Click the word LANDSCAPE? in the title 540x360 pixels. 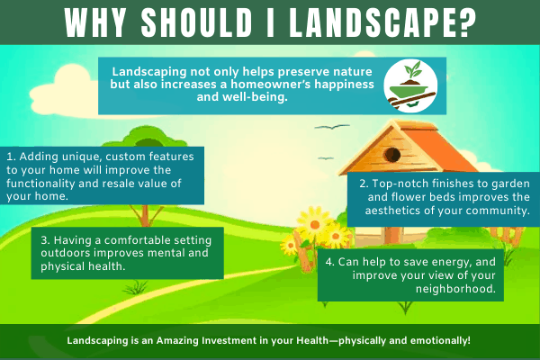[x=383, y=22]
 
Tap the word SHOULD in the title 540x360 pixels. [x=196, y=22]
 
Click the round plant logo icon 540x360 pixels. [x=410, y=85]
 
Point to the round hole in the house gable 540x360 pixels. [x=392, y=155]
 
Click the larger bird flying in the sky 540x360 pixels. [x=332, y=127]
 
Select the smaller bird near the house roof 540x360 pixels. [x=326, y=158]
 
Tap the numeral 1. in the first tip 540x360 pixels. [x=12, y=157]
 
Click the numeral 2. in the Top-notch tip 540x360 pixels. [x=364, y=184]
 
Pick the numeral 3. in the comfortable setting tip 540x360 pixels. [x=46, y=239]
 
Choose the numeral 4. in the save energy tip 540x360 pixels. [x=330, y=262]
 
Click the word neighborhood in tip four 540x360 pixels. [x=455, y=289]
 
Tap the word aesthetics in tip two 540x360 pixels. [x=393, y=211]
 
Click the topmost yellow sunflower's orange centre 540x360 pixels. [x=315, y=225]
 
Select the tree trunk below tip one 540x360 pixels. [x=145, y=216]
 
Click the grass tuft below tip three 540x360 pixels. [x=137, y=287]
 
